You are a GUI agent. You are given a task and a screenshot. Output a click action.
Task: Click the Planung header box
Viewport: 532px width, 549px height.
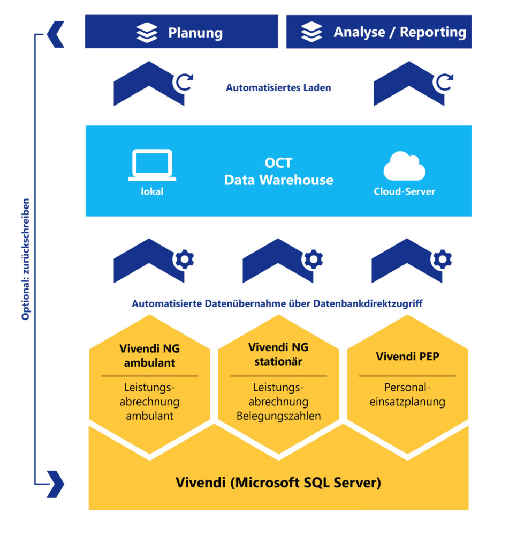(181, 32)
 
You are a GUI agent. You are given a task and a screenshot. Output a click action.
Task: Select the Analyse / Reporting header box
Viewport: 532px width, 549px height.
(378, 32)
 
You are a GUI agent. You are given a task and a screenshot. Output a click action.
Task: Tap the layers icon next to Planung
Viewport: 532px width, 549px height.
(147, 32)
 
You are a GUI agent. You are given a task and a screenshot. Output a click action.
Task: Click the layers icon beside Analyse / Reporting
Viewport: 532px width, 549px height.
(311, 32)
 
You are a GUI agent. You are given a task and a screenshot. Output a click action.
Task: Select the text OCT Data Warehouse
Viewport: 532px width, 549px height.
(278, 172)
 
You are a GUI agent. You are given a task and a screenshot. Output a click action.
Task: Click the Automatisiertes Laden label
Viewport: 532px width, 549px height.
(278, 87)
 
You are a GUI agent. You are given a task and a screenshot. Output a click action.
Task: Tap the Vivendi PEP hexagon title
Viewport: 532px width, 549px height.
(407, 357)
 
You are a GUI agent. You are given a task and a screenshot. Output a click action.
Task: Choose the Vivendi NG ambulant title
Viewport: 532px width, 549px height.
(149, 355)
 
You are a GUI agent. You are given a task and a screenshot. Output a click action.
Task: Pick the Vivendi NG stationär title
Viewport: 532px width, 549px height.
(278, 354)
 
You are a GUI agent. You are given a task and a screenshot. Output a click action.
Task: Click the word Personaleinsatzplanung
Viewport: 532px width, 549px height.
(407, 394)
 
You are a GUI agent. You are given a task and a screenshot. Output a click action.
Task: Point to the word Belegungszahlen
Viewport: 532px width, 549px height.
(278, 416)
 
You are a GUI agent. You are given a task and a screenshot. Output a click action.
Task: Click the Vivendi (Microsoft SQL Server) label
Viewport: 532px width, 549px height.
(278, 483)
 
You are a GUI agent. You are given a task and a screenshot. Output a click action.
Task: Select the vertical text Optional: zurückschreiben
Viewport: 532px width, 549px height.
(26, 260)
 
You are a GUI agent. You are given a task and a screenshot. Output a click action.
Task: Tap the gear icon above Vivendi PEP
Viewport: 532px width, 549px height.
(442, 259)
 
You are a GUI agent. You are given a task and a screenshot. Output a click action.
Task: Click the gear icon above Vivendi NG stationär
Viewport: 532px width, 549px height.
(313, 259)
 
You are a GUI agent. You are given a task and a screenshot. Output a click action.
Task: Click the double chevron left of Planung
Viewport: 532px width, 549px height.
(56, 34)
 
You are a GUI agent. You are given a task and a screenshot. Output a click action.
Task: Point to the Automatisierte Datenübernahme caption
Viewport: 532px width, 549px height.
(277, 304)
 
